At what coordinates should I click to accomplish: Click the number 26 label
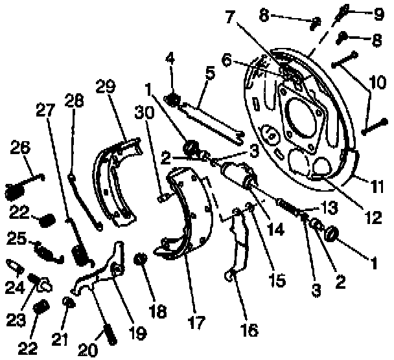19,149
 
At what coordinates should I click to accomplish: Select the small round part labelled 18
139,261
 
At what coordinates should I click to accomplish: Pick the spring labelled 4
172,100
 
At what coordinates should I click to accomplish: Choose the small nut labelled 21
67,303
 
